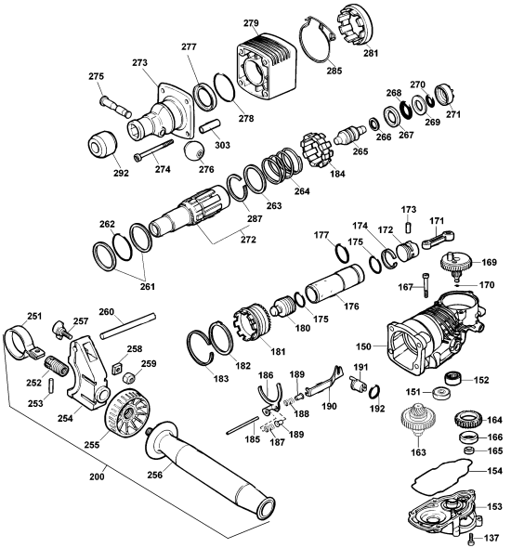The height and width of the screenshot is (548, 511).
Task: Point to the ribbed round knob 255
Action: click(124, 417)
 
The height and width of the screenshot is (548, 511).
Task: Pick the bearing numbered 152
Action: click(453, 378)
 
